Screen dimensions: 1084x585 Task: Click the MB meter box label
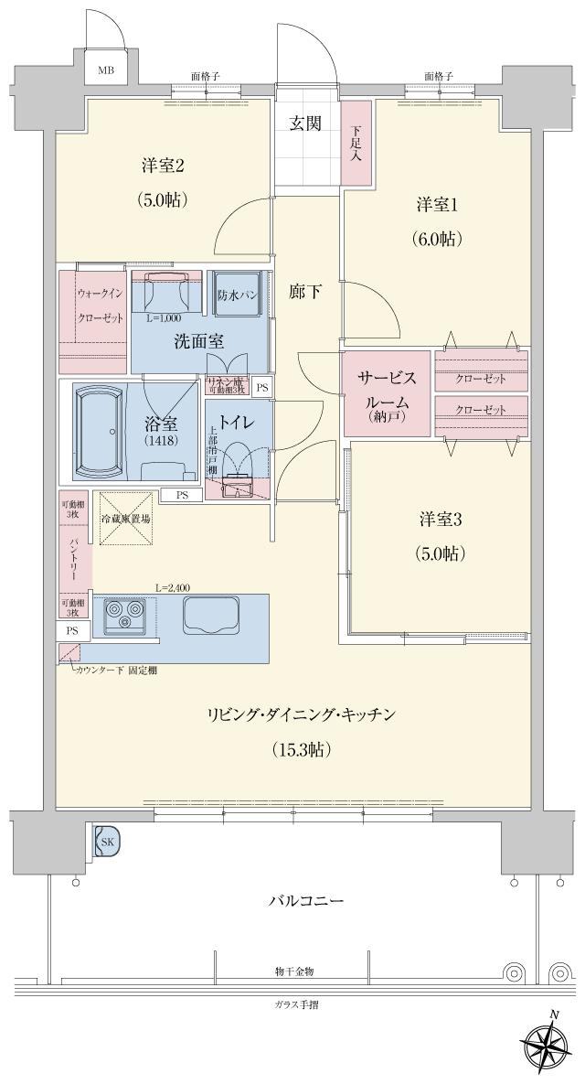coord(106,70)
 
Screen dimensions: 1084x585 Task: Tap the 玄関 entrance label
coord(305,123)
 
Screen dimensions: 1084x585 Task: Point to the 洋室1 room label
coord(435,205)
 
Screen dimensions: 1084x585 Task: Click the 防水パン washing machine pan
coord(237,295)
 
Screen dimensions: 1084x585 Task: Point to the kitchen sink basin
coord(210,615)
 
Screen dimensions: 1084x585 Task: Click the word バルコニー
coord(306,901)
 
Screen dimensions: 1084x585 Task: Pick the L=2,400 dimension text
coord(173,588)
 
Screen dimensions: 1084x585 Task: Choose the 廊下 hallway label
coord(305,293)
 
